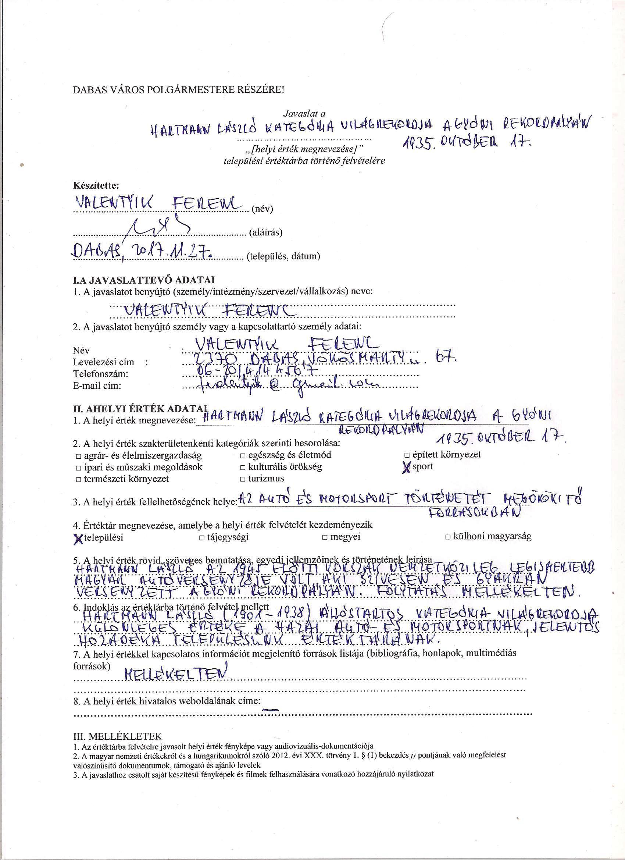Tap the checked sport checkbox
click(407, 468)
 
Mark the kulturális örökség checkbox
click(243, 467)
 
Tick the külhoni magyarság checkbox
click(448, 537)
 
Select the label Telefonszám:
click(100, 374)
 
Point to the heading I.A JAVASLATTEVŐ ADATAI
click(144, 280)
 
